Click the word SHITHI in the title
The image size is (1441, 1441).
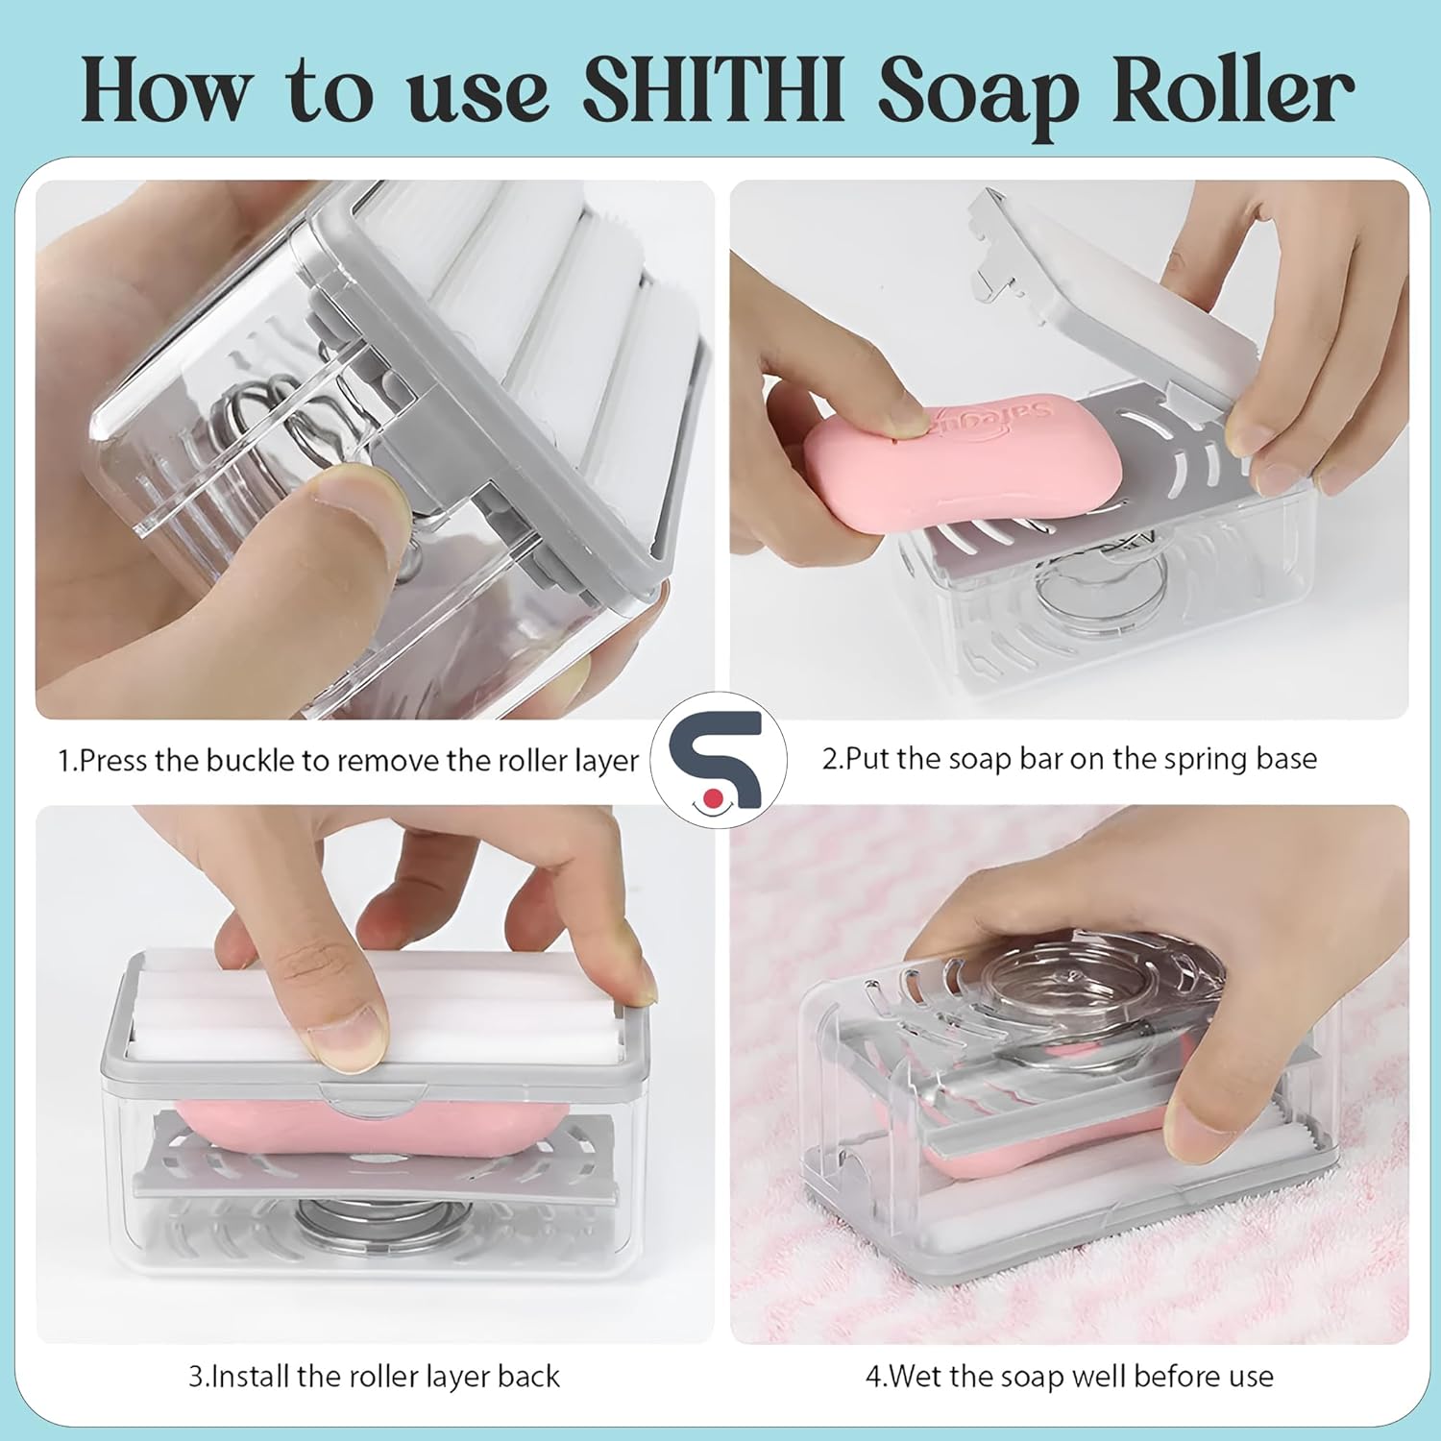point(713,91)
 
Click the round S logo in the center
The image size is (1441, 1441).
point(719,759)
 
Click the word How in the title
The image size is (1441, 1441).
point(163,91)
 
